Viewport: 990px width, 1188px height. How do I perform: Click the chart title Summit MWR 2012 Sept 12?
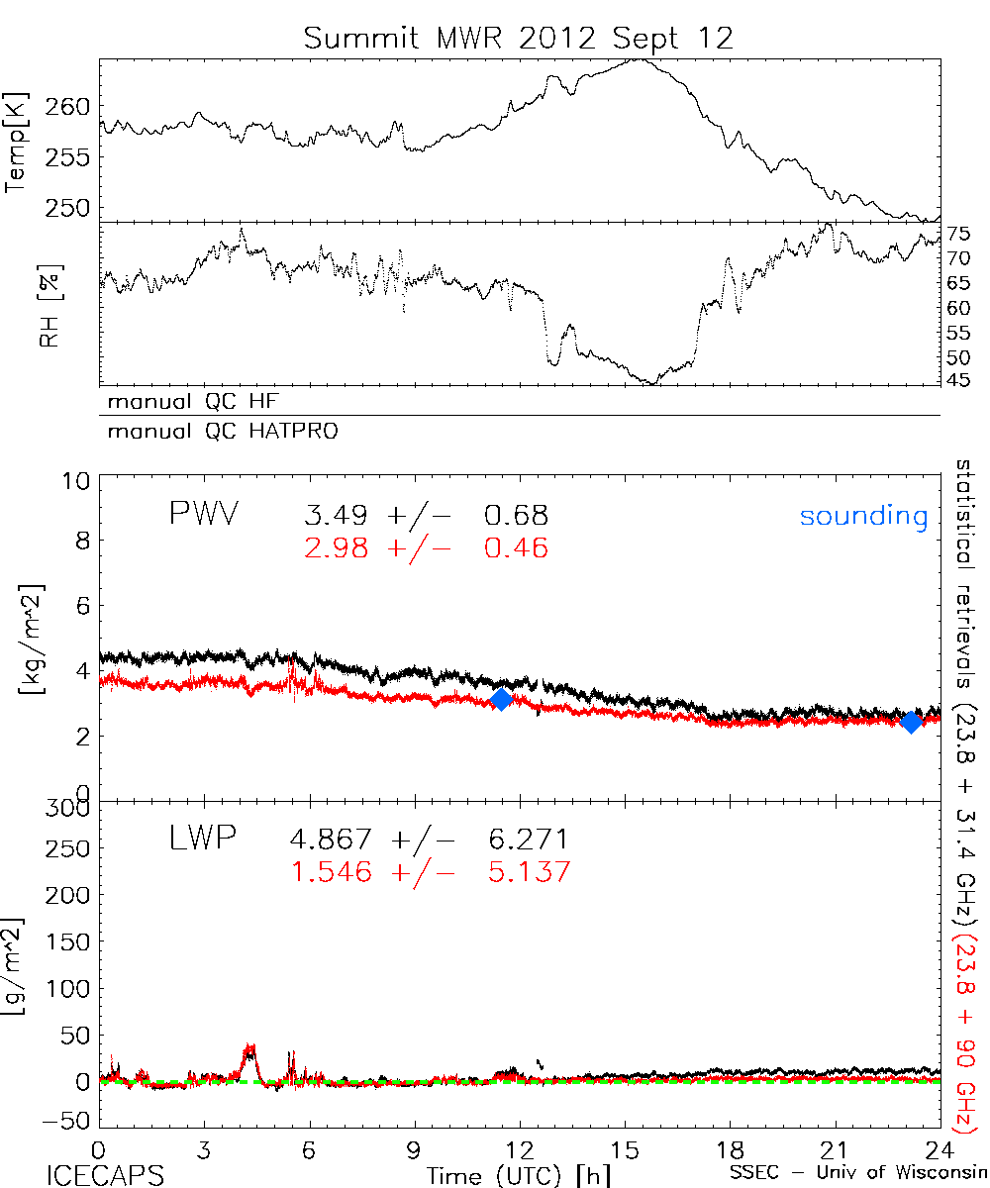click(519, 38)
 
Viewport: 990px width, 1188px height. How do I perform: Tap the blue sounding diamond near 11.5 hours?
click(501, 699)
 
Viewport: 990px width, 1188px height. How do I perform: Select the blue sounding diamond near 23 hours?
click(912, 722)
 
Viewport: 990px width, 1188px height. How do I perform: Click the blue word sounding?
click(863, 516)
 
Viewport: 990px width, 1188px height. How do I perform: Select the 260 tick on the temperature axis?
click(69, 106)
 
